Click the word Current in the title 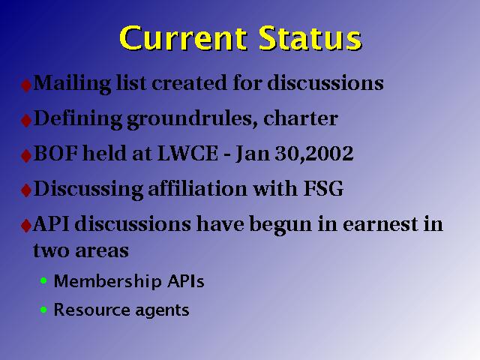[183, 38]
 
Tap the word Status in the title [310, 38]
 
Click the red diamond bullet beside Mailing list [26, 85]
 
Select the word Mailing [72, 83]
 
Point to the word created [189, 83]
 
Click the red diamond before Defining [26, 120]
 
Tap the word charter [300, 118]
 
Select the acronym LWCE [187, 153]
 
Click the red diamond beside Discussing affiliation [26, 190]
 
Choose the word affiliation [197, 188]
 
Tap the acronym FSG [323, 188]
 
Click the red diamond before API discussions [26, 226]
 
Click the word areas [102, 251]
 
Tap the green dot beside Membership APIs [43, 280]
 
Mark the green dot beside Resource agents [43, 310]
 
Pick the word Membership [107, 281]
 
